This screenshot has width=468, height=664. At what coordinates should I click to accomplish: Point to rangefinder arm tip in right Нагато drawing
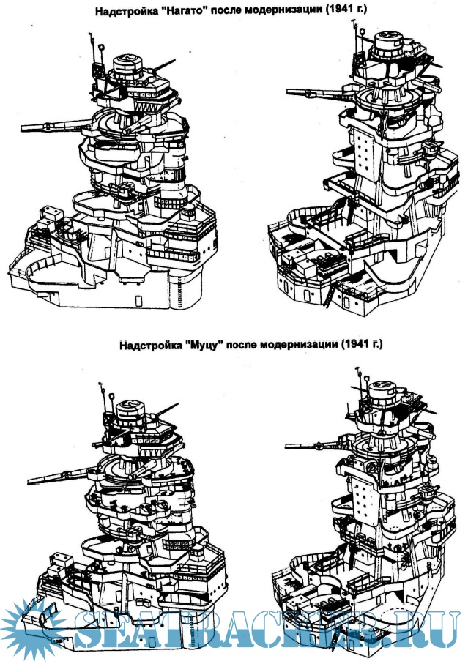(289, 92)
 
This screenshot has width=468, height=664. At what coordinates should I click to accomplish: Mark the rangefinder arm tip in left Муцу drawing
(29, 480)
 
